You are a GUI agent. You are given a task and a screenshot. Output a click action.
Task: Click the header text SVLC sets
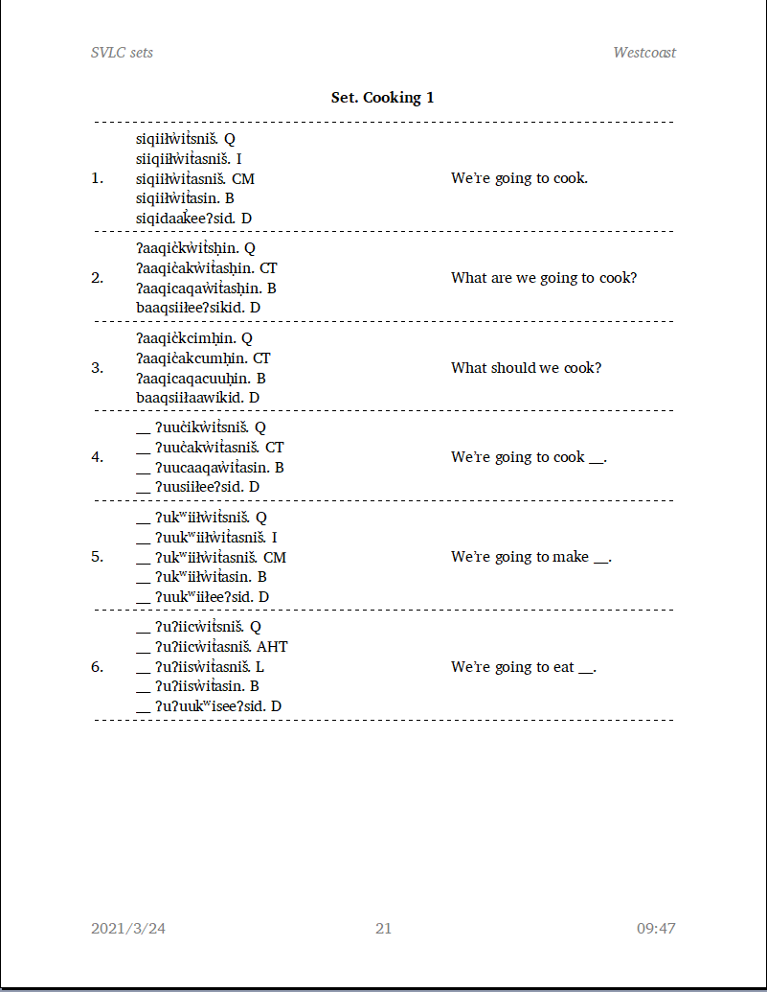[x=122, y=53]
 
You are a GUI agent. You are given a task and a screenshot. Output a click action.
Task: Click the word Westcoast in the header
[x=644, y=53]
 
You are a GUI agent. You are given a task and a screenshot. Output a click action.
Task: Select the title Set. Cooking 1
[x=383, y=98]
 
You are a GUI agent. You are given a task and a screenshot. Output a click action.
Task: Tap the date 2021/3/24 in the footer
[x=128, y=928]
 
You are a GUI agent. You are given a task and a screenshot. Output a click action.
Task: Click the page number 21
[x=383, y=928]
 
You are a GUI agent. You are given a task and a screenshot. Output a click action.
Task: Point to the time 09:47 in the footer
[x=656, y=928]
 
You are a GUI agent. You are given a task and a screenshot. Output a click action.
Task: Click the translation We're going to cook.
[x=519, y=178]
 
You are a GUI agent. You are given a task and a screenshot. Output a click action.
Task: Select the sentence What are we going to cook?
[x=544, y=278]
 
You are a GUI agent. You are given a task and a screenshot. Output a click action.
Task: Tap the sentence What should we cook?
[x=527, y=368]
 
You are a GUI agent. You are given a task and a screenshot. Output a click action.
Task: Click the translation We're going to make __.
[x=531, y=557]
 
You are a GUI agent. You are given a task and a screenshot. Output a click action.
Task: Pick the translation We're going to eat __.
[x=524, y=667]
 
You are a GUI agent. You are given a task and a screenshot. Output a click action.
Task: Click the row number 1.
[x=97, y=178]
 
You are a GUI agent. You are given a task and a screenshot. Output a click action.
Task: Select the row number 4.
[x=97, y=457]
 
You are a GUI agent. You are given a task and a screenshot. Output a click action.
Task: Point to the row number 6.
[x=97, y=667]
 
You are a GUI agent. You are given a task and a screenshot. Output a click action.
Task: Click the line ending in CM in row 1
[x=195, y=178]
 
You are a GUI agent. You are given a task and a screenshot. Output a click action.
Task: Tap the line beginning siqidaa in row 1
[x=193, y=219]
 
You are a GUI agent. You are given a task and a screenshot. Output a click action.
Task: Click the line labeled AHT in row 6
[x=212, y=647]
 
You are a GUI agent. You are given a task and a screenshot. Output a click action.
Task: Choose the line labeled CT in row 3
[x=203, y=358]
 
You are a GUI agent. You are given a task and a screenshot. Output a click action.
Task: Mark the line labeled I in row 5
[x=207, y=538]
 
